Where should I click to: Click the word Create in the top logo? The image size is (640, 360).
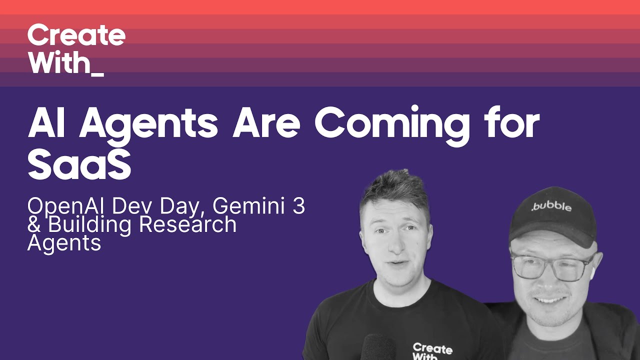(x=76, y=35)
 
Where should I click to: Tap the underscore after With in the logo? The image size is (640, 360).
(x=98, y=75)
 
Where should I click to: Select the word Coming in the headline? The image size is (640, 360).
(x=392, y=125)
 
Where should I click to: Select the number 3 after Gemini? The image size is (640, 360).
(x=298, y=206)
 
